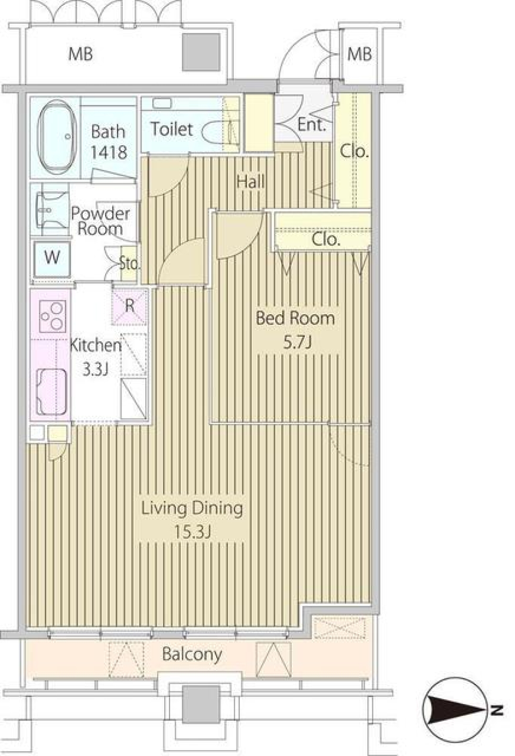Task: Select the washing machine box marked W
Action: coord(51,258)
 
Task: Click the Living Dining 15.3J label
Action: coord(192,518)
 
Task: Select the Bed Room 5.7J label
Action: coord(296,329)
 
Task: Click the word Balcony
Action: coord(192,654)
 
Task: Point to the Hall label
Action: coord(251,181)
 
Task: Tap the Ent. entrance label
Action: coord(312,125)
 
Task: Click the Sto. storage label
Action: coord(129,263)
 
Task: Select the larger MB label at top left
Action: coord(80,54)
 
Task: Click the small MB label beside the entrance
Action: coord(359,54)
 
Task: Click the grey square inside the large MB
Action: coord(201,52)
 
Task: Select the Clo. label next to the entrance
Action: coord(355,152)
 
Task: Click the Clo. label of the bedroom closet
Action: coord(326,239)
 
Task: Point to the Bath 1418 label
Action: coord(108,142)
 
